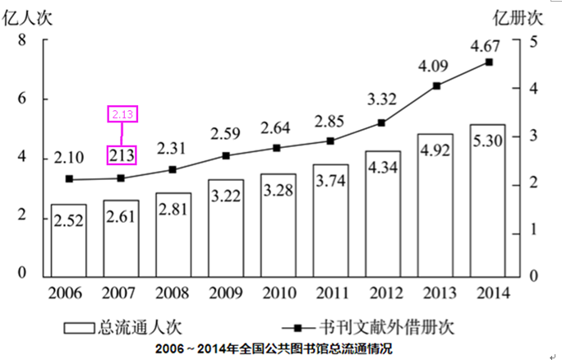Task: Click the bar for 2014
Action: pos(487,201)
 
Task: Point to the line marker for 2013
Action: pos(436,86)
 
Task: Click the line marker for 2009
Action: pos(225,155)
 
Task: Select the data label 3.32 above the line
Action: pos(384,99)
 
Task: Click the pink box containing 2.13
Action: pos(122,113)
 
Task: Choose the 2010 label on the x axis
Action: pos(278,293)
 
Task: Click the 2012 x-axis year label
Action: pos(383,293)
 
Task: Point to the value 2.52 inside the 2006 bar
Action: pos(69,221)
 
